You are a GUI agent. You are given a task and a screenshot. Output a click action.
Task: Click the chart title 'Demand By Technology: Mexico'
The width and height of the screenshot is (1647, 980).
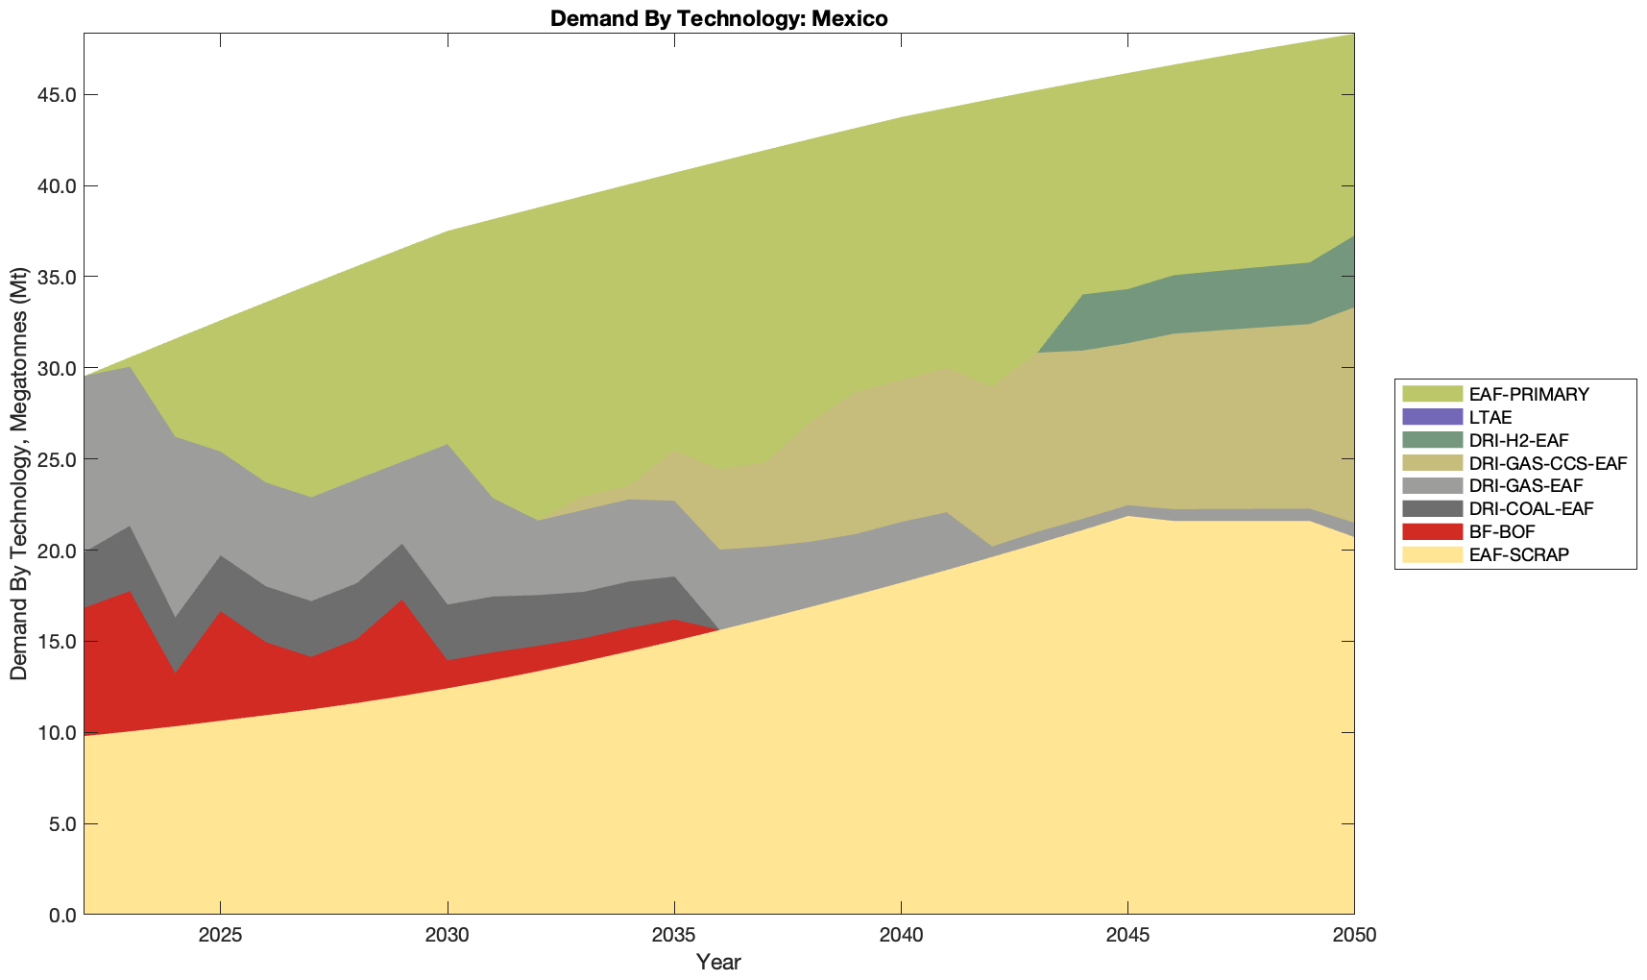718,18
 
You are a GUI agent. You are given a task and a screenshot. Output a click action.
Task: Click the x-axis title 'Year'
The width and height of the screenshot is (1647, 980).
718,962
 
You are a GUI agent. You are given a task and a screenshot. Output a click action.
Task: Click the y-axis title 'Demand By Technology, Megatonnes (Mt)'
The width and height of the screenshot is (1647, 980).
18,475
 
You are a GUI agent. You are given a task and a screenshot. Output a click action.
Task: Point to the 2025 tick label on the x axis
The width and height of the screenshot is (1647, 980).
220,937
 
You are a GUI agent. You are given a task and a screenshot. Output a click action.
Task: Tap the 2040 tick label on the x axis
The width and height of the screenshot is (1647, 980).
901,937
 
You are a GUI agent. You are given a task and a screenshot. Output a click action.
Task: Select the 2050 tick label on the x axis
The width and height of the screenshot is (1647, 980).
1354,937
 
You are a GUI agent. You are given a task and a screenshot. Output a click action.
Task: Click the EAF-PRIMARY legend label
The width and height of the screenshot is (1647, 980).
1529,394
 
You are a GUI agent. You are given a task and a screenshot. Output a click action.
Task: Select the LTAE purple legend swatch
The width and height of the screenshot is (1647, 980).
1431,418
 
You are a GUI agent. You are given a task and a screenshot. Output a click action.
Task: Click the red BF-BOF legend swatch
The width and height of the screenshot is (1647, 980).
1431,531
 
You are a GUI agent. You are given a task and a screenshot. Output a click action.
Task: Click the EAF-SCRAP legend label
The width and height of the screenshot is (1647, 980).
1519,554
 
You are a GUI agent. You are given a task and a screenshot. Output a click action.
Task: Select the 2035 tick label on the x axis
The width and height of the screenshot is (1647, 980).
674,937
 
